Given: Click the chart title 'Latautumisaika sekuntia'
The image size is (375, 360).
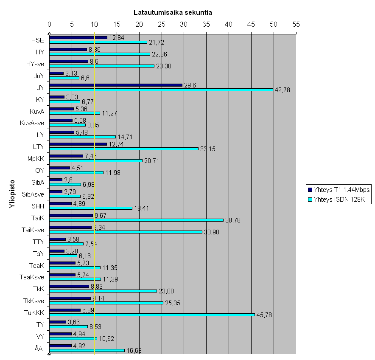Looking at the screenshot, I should click(173, 12).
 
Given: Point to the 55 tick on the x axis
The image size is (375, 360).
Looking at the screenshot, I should click(296, 24).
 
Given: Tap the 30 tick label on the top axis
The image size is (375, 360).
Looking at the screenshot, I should click(184, 24).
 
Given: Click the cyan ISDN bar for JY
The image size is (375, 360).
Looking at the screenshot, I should click(161, 90).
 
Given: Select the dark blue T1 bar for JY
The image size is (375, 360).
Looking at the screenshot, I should click(116, 85).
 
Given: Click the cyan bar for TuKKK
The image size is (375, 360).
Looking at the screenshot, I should click(152, 315).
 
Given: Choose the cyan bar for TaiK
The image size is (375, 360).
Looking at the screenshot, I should click(136, 220).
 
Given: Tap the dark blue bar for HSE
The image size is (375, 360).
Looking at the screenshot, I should click(78, 37).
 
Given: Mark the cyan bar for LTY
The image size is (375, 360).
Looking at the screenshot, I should click(124, 149).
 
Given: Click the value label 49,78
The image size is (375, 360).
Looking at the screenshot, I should click(283, 90).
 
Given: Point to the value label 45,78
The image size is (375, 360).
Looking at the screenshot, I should click(264, 315).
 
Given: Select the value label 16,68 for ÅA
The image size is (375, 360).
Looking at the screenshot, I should click(134, 351).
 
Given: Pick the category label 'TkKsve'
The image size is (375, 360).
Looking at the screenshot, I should click(34, 301).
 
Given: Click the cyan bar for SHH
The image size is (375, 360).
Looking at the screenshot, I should click(91, 208).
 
